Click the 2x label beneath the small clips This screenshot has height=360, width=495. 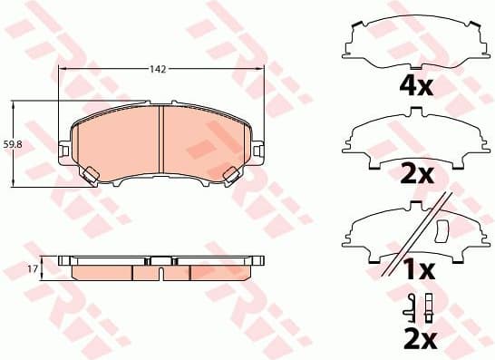(418, 340)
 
